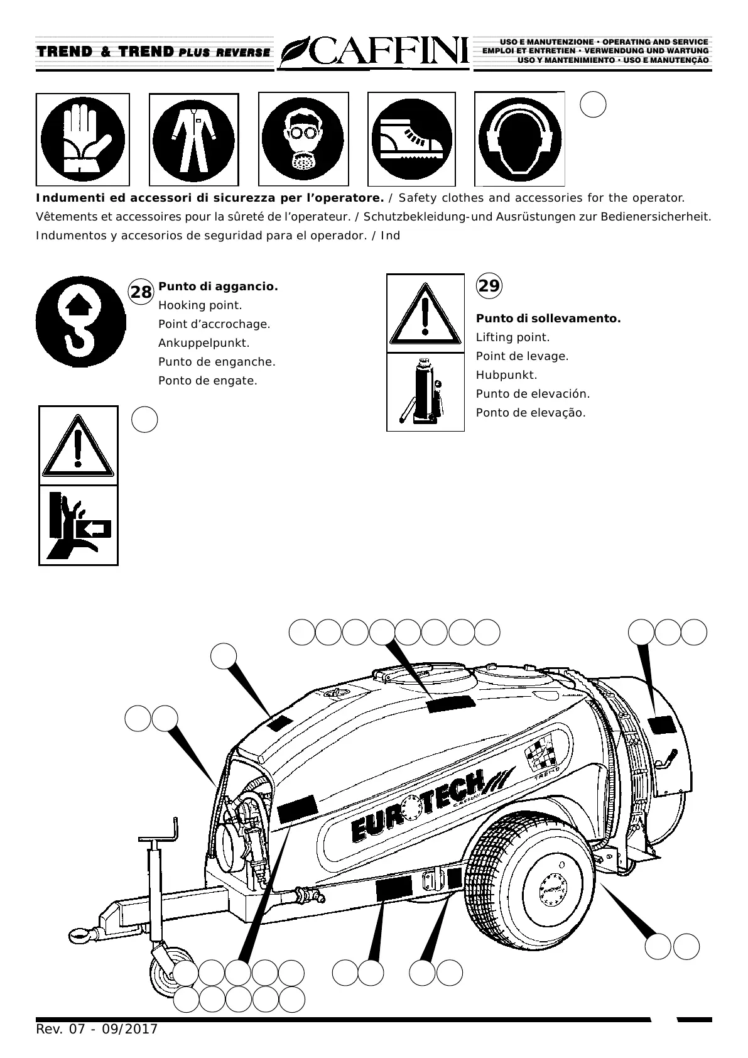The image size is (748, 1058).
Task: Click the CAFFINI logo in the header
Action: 374,52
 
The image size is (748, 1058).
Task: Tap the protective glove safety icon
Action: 83,139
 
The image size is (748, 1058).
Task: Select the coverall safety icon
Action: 193,139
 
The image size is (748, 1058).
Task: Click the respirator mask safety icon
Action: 303,139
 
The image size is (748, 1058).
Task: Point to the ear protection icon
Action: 519,139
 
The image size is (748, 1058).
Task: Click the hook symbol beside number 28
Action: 80,322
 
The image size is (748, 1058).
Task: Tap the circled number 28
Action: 141,292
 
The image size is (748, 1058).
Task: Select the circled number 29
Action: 489,286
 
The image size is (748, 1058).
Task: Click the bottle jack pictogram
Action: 425,392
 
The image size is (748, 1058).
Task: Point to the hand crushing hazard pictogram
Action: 79,525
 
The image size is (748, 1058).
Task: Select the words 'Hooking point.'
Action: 200,305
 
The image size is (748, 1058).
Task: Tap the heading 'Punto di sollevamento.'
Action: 548,319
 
